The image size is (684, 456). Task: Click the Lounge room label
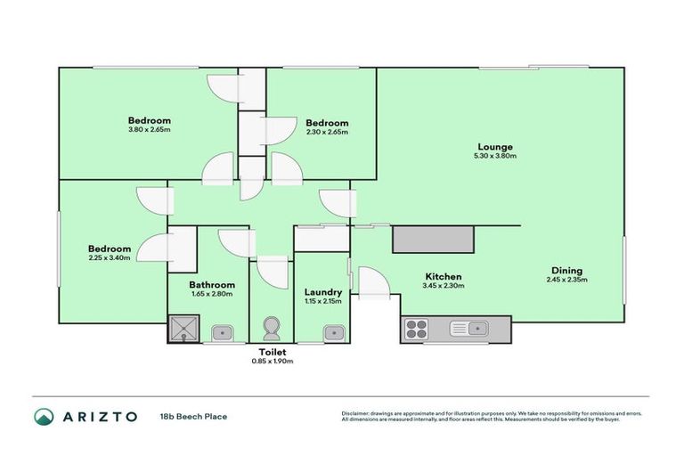coord(495,147)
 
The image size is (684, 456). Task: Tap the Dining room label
coord(566,271)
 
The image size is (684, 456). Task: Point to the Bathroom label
coord(211,285)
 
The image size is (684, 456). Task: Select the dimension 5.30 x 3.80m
coord(495,156)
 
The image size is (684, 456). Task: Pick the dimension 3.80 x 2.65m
coord(149,130)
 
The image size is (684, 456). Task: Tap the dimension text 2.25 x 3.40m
coord(110,258)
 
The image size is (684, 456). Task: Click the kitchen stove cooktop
coord(416,330)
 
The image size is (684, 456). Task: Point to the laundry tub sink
coord(334,333)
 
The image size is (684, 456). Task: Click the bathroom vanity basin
coord(223,333)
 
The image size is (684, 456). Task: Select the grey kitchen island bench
coord(433,239)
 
